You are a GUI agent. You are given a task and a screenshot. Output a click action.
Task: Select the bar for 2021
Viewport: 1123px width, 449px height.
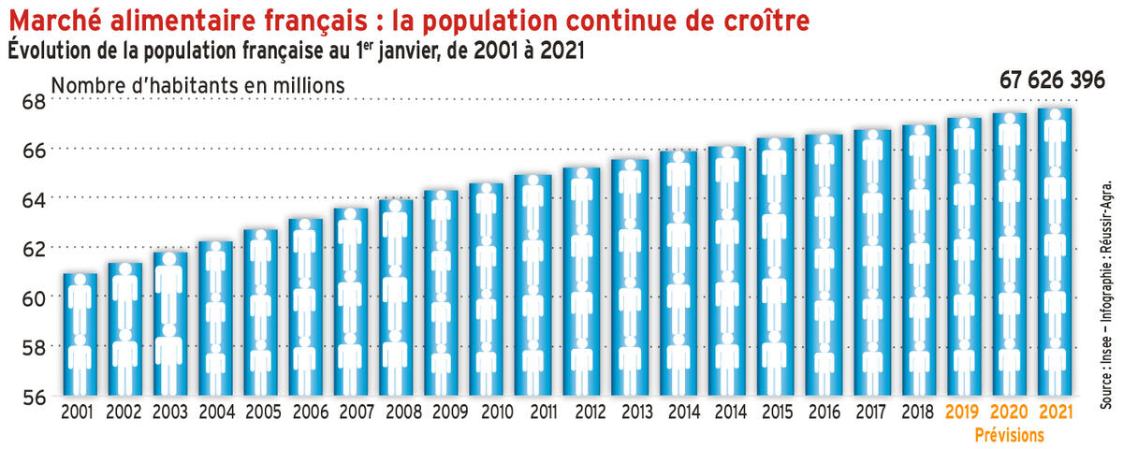(x=1055, y=253)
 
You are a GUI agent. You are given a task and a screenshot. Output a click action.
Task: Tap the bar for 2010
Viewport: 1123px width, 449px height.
(x=486, y=289)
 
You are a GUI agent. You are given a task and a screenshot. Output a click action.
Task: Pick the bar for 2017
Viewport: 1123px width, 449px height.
(x=872, y=262)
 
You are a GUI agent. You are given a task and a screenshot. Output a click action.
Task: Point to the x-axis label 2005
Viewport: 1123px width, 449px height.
(x=262, y=411)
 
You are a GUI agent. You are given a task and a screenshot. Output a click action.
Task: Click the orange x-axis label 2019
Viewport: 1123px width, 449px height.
(x=963, y=411)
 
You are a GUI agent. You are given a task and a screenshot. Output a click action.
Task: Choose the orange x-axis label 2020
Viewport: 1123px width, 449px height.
(x=1009, y=411)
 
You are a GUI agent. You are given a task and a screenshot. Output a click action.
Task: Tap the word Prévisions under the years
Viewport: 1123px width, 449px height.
(x=1009, y=434)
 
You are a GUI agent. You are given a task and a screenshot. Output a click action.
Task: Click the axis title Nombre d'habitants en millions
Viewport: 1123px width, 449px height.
(x=198, y=84)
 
